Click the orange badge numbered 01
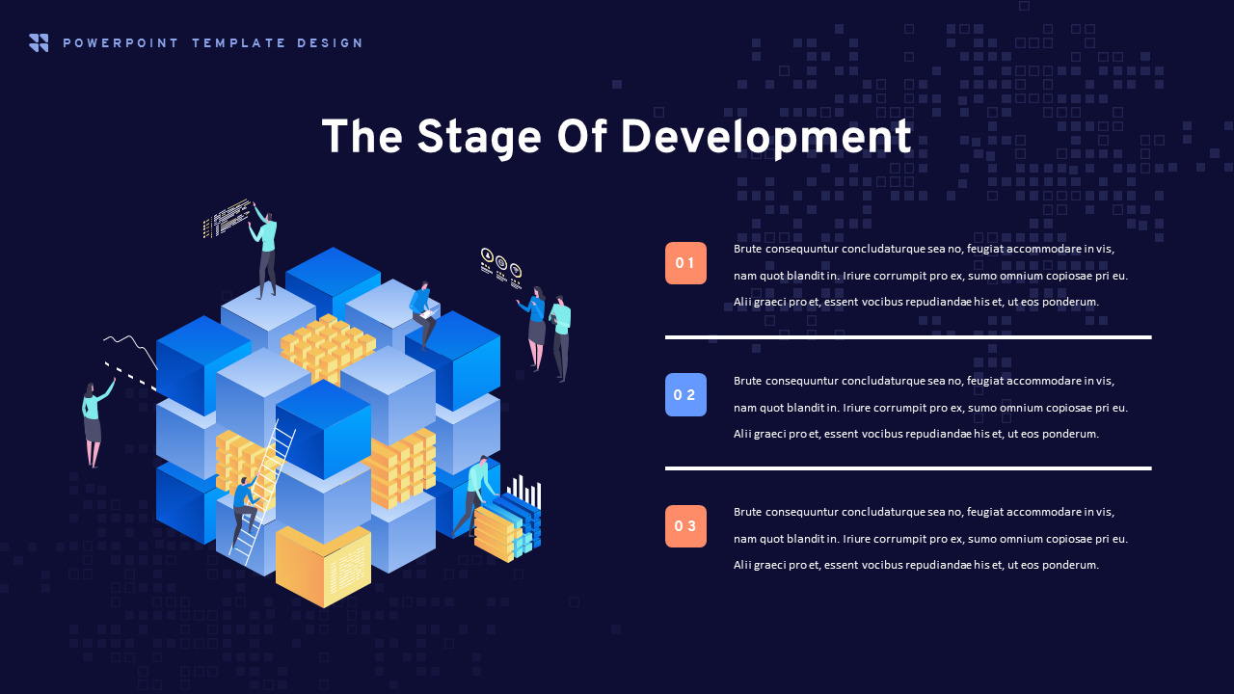pos(685,263)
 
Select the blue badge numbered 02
pos(685,395)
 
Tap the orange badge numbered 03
pos(685,526)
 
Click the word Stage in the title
pos(479,138)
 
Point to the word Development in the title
pos(766,138)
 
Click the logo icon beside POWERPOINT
pos(39,43)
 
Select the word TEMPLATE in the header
pos(238,43)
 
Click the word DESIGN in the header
pos(330,43)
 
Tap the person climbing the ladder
pos(245,510)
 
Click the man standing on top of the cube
pos(264,254)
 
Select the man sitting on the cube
pos(423,315)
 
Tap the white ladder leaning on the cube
pos(262,493)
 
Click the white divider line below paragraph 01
pos(908,337)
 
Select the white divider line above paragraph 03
pos(908,468)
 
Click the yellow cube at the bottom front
pos(323,567)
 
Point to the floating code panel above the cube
pos(227,219)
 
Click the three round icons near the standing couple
pos(501,268)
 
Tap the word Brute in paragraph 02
pos(747,381)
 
